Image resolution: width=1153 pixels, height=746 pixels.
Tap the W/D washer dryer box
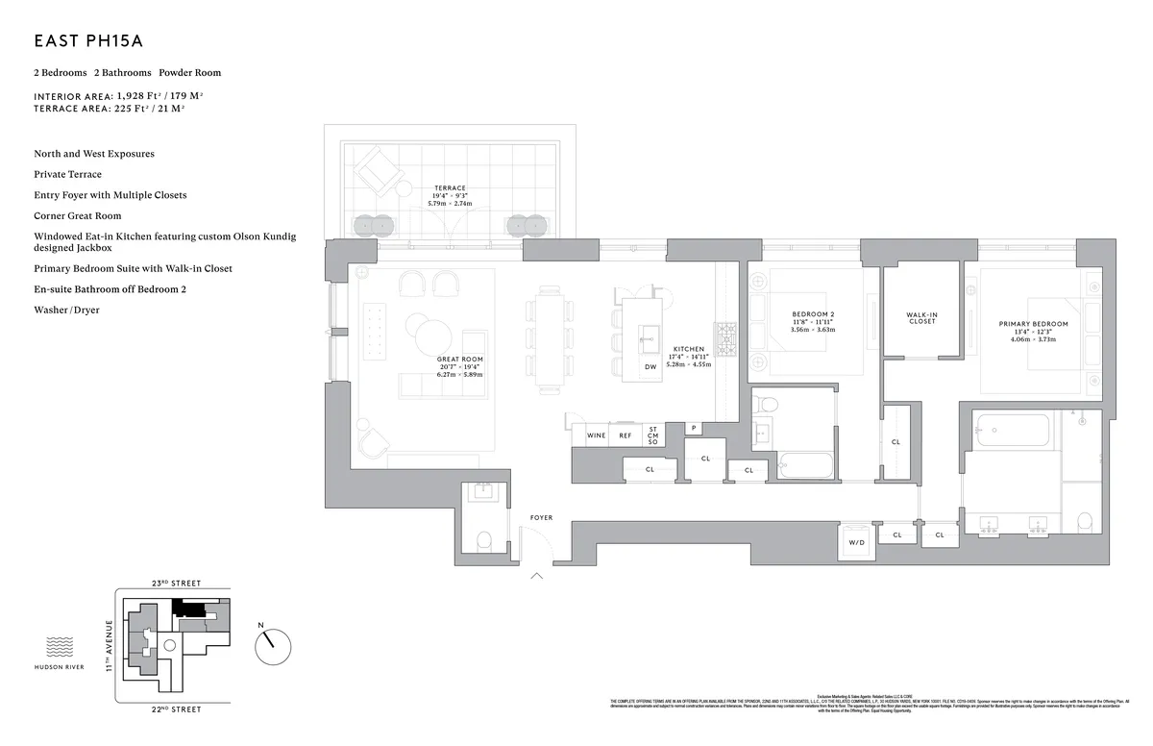(856, 542)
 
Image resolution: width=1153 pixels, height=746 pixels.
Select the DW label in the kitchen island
(650, 367)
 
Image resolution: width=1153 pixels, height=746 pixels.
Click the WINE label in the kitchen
(596, 435)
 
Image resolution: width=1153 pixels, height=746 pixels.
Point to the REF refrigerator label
(626, 435)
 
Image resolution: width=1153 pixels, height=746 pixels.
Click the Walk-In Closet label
(921, 318)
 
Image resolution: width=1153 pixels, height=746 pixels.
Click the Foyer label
(541, 518)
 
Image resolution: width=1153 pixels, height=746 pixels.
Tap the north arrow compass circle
(273, 645)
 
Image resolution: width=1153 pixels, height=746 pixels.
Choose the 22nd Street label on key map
(176, 709)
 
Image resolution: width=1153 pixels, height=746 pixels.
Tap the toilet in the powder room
(485, 540)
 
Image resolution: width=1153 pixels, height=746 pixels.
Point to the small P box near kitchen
(693, 428)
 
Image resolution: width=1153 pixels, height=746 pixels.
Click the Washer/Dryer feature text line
(66, 311)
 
